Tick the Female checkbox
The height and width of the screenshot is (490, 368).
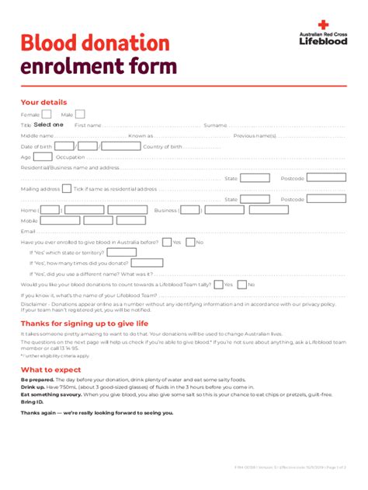point(47,114)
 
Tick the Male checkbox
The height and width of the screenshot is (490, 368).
point(79,114)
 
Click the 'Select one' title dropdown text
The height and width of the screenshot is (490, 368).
point(48,124)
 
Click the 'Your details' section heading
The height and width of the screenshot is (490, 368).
point(43,102)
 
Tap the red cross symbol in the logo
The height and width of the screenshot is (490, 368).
point(323,25)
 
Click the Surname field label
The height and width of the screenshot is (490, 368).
point(215,124)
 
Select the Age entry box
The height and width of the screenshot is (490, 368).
point(43,157)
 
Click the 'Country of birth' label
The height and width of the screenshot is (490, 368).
point(162,146)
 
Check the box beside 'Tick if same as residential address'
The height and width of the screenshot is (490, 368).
point(68,188)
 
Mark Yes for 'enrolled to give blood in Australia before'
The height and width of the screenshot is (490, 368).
point(165,242)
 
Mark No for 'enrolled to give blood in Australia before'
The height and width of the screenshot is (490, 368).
point(190,242)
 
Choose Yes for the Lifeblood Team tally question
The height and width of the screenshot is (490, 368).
point(218,285)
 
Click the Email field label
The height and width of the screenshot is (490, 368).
point(28,231)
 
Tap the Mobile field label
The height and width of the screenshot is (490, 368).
point(29,220)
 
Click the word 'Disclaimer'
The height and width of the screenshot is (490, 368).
point(34,304)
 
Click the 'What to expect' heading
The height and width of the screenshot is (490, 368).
point(50,369)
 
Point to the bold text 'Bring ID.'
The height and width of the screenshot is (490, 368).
point(33,401)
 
